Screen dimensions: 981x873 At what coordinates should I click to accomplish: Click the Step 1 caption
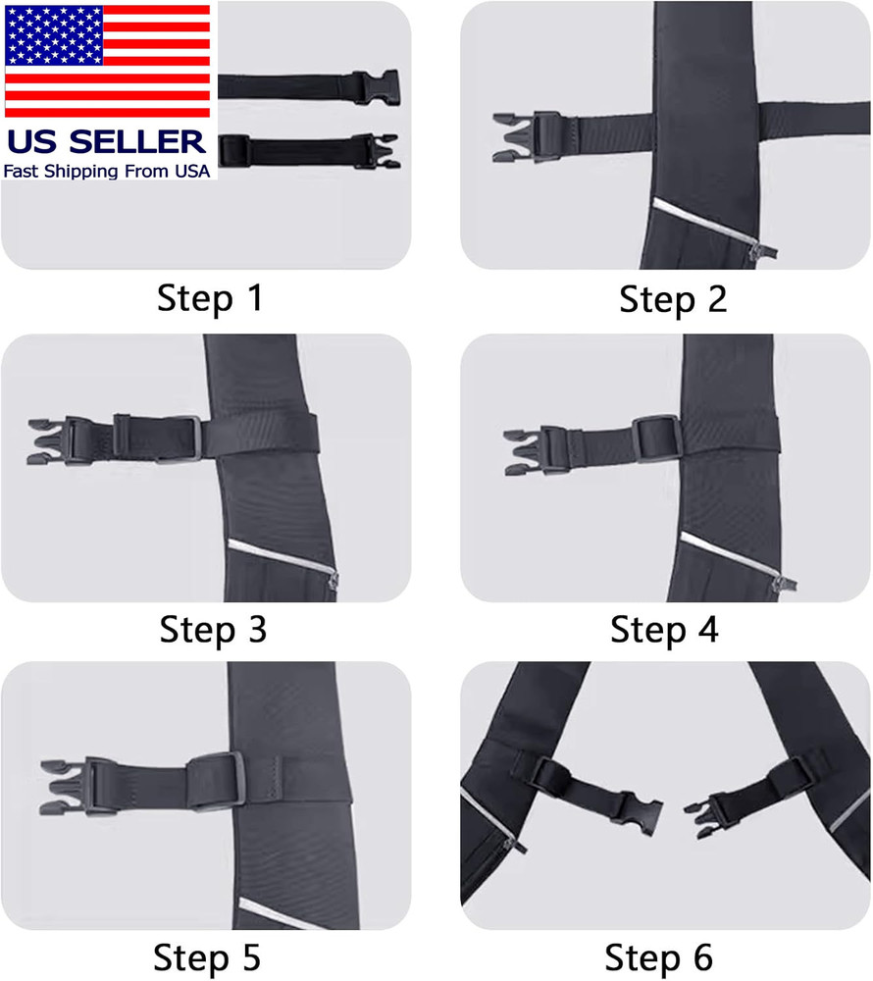[210, 298]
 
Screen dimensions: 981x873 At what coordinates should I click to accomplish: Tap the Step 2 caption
[673, 299]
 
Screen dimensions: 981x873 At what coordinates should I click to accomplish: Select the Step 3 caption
[213, 629]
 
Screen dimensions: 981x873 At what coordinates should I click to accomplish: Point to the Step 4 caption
[664, 629]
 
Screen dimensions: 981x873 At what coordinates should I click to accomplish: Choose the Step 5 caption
[212, 955]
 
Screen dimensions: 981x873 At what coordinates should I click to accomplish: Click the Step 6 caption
[658, 955]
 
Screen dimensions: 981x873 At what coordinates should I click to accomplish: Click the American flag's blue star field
[48, 35]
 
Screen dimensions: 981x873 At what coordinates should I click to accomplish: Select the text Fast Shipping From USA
[107, 171]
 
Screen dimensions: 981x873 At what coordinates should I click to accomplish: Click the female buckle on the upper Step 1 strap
[378, 86]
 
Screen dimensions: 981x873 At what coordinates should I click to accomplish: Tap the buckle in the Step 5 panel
[79, 787]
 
